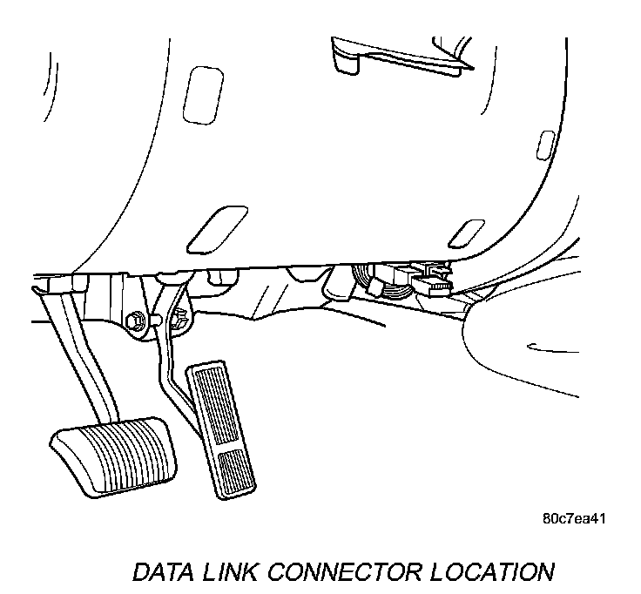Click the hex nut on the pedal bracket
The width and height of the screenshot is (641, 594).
[x=138, y=321]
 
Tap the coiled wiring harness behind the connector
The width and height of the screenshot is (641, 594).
[x=366, y=277]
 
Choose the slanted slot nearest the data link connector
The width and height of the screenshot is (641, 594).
[x=466, y=233]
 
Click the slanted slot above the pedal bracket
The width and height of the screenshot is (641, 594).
[x=213, y=229]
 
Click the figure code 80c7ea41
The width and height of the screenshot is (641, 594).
[x=573, y=518]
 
